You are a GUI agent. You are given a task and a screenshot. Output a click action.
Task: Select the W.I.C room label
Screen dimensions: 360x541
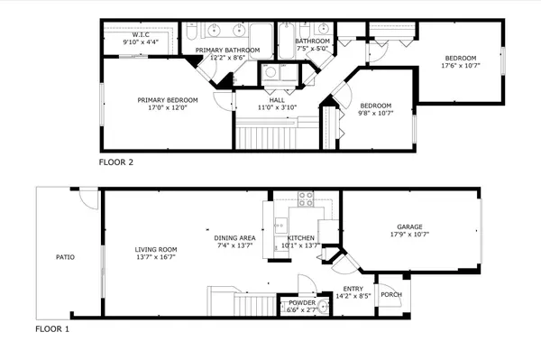point(141,35)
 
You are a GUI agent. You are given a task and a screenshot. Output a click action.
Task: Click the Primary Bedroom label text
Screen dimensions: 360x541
point(161,99)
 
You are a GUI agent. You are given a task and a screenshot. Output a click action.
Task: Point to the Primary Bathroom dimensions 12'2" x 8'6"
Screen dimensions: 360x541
point(227,58)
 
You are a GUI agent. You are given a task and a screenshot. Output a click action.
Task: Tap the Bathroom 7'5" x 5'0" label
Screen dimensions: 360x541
point(313,42)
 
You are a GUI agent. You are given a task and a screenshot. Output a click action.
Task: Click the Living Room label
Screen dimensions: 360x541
point(156,250)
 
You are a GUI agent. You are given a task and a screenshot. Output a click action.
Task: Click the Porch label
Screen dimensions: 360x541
point(391,294)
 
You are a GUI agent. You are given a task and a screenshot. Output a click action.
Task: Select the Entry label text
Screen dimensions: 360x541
point(353,289)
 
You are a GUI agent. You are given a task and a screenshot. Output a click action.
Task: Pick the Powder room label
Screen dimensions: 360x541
point(301,303)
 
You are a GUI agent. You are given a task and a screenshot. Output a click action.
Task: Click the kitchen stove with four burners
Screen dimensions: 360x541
point(305,198)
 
